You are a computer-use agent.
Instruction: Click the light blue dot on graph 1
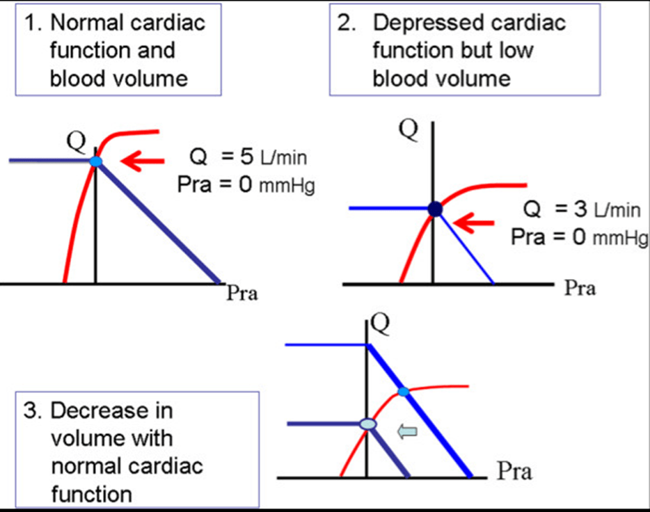[96, 161]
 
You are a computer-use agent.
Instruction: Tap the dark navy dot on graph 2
[434, 209]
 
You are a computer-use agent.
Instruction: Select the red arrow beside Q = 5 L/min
[142, 162]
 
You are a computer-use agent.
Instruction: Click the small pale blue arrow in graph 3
[406, 432]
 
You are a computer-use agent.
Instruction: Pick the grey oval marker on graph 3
[367, 424]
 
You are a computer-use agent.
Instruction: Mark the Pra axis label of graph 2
[580, 288]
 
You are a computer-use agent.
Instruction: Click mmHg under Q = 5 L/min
[286, 187]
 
